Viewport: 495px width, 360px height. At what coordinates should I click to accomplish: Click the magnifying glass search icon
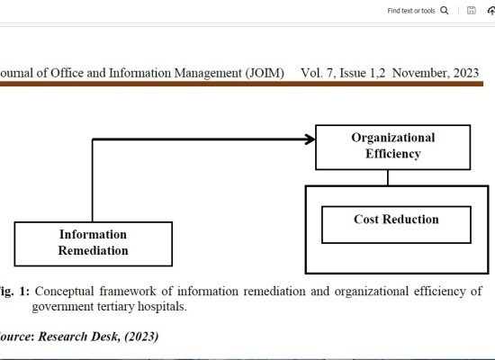[x=445, y=11]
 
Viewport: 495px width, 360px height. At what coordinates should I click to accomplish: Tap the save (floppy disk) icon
[x=471, y=11]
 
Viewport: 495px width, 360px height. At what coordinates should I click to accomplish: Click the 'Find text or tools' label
[x=411, y=11]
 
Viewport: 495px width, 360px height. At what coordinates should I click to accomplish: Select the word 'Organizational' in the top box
[x=393, y=138]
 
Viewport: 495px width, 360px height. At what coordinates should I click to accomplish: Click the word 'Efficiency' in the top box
[x=393, y=154]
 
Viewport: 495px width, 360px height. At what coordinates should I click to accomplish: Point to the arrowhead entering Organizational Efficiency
[x=310, y=139]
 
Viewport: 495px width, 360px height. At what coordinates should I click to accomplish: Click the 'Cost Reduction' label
[x=396, y=220]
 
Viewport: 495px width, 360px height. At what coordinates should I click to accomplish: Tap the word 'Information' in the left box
[x=93, y=234]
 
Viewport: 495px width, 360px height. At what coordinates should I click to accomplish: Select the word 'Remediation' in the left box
[x=93, y=250]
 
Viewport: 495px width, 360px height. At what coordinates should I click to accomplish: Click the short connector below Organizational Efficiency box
[x=388, y=178]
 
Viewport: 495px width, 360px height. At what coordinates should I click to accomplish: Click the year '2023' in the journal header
[x=466, y=73]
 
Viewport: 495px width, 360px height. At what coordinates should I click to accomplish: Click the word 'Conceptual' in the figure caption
[x=64, y=292]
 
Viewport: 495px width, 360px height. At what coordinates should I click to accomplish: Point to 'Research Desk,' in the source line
[x=79, y=337]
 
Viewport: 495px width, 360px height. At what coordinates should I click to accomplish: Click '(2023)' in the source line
[x=141, y=337]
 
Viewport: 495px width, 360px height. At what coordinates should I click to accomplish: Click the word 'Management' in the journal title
[x=208, y=73]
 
